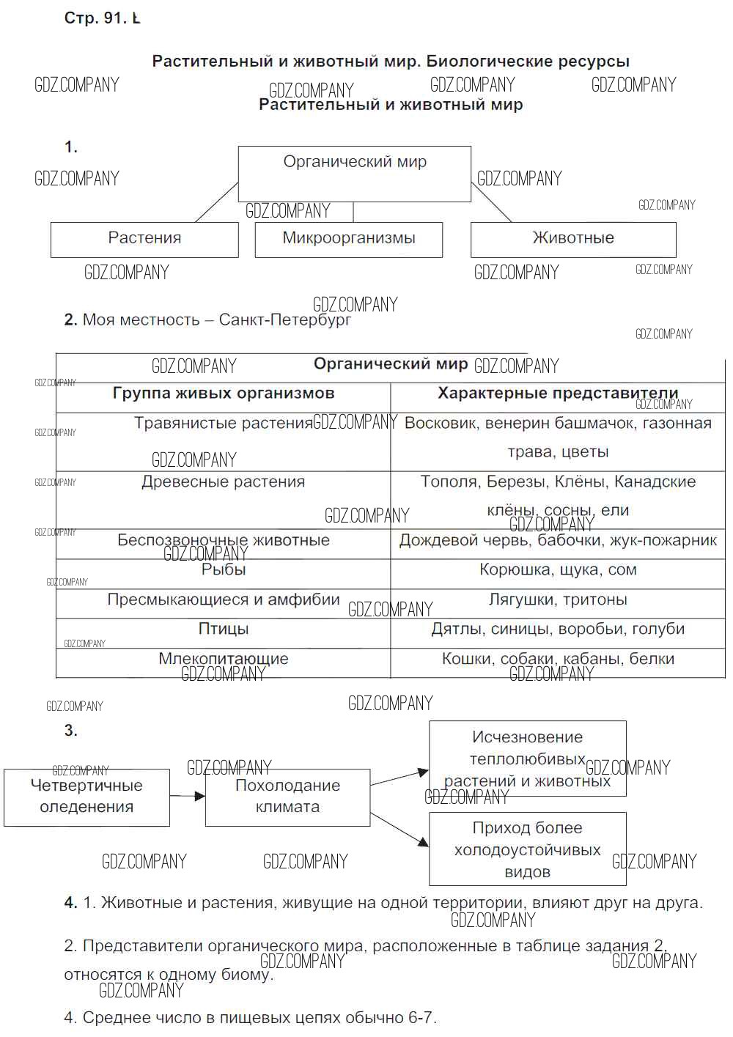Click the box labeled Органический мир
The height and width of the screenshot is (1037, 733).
click(x=355, y=174)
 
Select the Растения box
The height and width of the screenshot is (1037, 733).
click(x=144, y=240)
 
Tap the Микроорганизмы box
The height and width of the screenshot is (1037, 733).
click(x=349, y=240)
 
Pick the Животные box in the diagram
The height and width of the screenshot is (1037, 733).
click(x=573, y=240)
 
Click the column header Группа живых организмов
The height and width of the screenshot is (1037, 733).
click(x=224, y=394)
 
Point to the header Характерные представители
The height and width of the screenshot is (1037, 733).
click(x=558, y=394)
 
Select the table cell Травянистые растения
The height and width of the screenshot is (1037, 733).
click(x=224, y=424)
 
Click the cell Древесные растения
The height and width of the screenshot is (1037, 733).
click(x=224, y=482)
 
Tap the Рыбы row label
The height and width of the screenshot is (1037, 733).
click(x=224, y=570)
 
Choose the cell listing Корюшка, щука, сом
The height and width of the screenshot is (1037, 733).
click(x=558, y=570)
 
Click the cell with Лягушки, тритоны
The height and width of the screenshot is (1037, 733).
click(x=558, y=600)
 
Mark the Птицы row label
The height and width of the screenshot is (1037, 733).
click(x=224, y=630)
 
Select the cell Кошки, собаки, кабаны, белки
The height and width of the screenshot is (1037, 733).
click(x=558, y=659)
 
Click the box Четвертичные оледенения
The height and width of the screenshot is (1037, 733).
click(x=86, y=797)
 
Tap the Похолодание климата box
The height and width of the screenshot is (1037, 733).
click(x=287, y=797)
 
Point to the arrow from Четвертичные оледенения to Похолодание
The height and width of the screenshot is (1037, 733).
click(x=188, y=796)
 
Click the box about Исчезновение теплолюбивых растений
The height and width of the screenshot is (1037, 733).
click(x=528, y=759)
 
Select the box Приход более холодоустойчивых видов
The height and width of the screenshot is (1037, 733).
click(x=528, y=849)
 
